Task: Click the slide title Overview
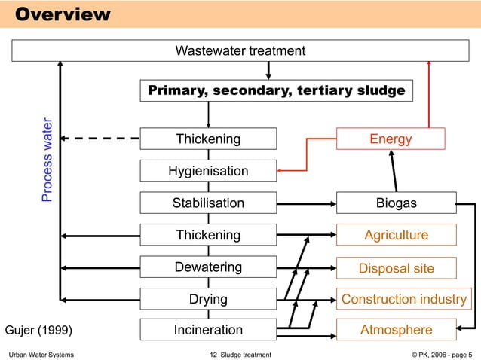[63, 14]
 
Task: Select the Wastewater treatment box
[240, 51]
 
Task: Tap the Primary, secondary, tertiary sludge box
[276, 91]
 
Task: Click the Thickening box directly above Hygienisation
[208, 139]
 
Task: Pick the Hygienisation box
[208, 172]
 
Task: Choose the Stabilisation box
[208, 203]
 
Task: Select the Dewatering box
[208, 267]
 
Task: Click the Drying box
[208, 299]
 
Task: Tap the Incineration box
[208, 330]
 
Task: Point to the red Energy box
[390, 139]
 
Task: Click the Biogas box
[396, 203]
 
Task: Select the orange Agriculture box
[396, 235]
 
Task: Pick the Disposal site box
[396, 268]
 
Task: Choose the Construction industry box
[403, 299]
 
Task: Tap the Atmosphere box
[396, 330]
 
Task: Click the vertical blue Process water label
[47, 160]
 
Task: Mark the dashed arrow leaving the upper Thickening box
[102, 139]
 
